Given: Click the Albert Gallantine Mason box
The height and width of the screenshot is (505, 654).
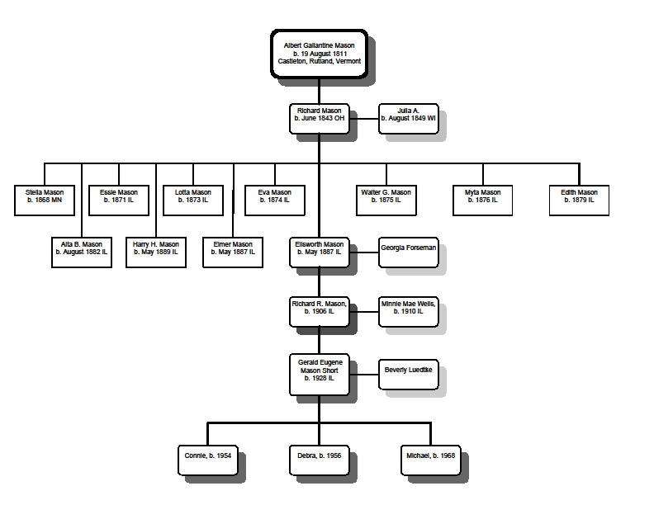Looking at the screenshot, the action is point(319,54).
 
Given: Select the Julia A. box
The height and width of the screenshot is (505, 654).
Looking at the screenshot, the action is point(408,119).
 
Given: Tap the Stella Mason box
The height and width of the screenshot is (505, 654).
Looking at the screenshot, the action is point(45,201).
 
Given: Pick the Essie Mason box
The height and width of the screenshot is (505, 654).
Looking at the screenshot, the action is point(119,201).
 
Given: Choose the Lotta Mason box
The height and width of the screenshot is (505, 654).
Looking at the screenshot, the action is point(193,201).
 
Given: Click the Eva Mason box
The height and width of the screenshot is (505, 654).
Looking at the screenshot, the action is point(275,201).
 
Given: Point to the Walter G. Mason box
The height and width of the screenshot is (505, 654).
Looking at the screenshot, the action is point(386,201).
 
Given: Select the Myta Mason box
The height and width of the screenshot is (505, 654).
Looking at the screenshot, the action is point(482,201).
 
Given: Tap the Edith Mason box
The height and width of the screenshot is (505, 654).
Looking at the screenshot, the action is point(580,201).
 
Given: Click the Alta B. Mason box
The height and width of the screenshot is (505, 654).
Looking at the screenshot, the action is point(82,252).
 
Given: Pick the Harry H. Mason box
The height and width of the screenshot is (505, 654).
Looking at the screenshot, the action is point(156,252).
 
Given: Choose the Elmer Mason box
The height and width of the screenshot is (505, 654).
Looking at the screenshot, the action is point(233,252).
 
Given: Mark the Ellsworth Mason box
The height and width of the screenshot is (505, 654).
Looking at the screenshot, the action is point(320,252).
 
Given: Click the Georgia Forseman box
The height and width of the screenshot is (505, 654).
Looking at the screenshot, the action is point(408,252).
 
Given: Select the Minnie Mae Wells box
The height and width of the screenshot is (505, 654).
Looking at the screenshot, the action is point(408,312).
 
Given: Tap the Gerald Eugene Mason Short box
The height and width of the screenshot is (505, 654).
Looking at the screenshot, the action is point(320,375).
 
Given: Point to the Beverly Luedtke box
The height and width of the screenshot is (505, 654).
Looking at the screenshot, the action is point(408,375).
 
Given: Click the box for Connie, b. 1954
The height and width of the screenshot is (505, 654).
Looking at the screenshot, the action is point(208,460).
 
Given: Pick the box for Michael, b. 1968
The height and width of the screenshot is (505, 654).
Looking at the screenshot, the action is point(431,460).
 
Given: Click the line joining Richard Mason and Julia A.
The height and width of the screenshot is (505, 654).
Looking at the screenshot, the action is point(363,119).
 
